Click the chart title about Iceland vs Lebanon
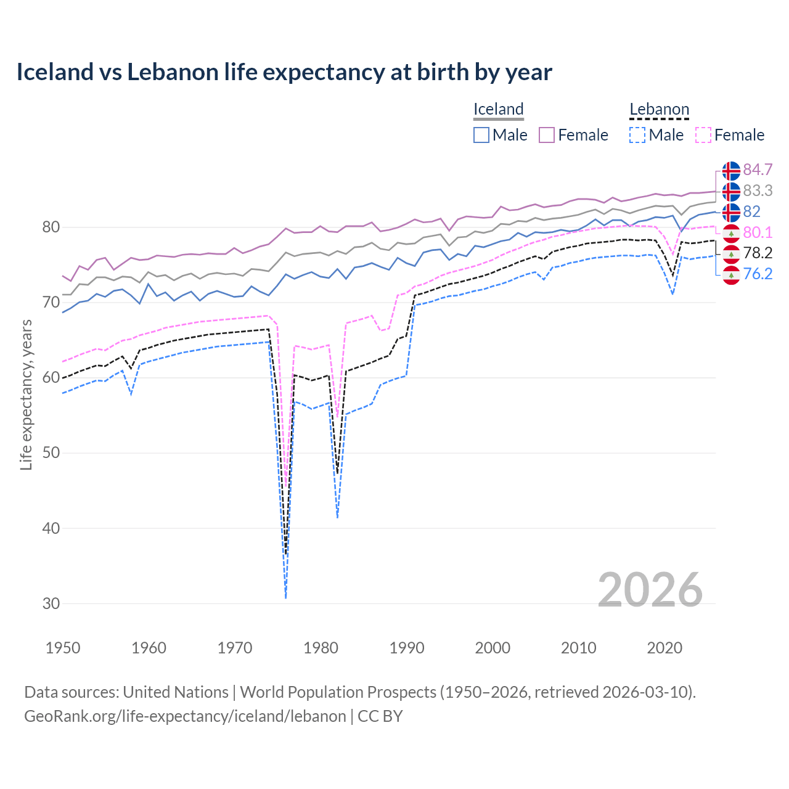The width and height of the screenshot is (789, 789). (x=284, y=72)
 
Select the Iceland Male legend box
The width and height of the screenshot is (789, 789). (x=481, y=135)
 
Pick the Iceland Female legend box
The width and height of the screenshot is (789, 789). (x=547, y=135)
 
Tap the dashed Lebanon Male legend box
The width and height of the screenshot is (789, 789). (x=637, y=135)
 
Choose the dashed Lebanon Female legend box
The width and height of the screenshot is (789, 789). (x=703, y=135)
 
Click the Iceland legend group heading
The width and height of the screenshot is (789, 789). (x=498, y=109)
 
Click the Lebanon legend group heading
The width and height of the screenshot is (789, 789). (x=659, y=109)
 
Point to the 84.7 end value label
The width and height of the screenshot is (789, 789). (x=758, y=170)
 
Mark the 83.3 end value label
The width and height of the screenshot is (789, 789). (x=758, y=190)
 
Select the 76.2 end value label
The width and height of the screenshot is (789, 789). (x=758, y=274)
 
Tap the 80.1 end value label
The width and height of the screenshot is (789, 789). (x=758, y=232)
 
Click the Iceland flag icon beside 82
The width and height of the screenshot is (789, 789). (x=731, y=212)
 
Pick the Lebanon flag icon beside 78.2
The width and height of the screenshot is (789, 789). (x=731, y=253)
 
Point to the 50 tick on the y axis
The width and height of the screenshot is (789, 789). (x=51, y=452)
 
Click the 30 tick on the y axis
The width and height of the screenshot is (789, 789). (x=51, y=603)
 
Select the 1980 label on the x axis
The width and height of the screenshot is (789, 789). (x=321, y=648)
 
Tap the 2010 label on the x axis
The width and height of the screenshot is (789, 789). (x=578, y=648)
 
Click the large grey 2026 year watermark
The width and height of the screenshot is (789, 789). (x=650, y=590)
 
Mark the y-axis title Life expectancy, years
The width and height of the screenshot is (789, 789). (x=26, y=394)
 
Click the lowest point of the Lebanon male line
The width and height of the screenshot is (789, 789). (x=285, y=597)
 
